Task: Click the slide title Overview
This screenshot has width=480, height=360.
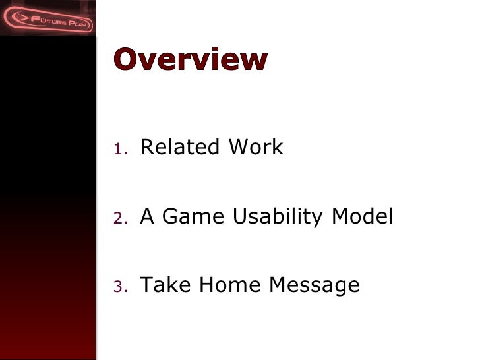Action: (191, 59)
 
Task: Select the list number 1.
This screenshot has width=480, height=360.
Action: (118, 148)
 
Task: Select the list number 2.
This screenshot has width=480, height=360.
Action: (118, 218)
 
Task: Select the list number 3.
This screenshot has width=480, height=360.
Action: (118, 287)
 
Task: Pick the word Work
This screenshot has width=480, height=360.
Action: (256, 147)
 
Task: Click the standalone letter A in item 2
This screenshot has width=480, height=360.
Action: (147, 216)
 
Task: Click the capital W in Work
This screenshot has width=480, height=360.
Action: (239, 147)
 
